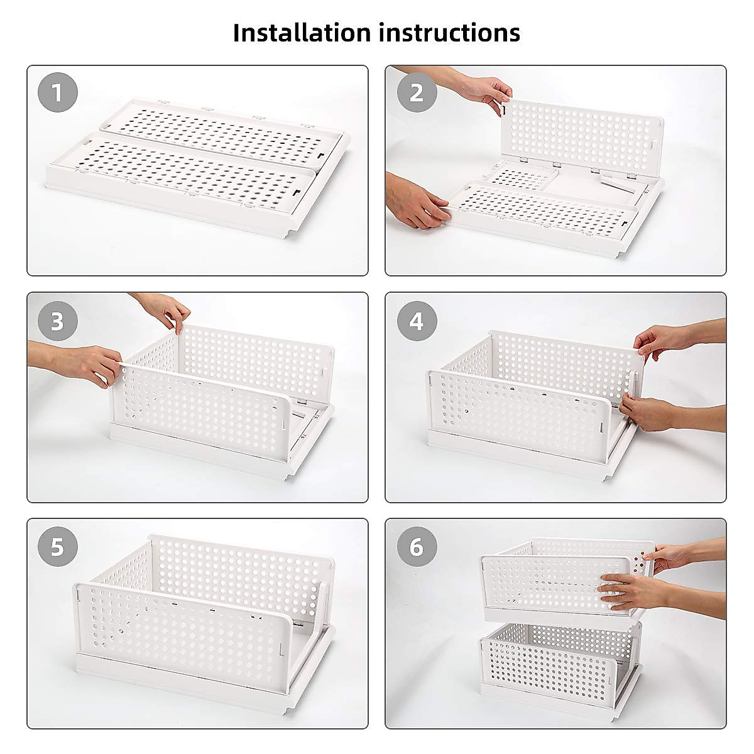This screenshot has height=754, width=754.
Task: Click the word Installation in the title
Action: (302, 33)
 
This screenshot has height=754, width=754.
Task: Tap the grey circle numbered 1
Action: (58, 93)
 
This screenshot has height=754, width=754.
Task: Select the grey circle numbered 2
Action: (416, 93)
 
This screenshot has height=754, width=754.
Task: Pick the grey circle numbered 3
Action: (58, 321)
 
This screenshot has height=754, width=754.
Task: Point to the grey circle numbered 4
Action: (416, 321)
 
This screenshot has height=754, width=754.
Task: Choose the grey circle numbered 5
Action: (58, 546)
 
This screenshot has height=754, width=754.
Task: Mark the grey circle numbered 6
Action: (416, 546)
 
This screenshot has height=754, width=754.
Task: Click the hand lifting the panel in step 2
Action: (484, 92)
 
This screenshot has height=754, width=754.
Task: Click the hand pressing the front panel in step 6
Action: (628, 591)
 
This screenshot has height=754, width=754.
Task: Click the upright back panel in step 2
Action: (581, 135)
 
